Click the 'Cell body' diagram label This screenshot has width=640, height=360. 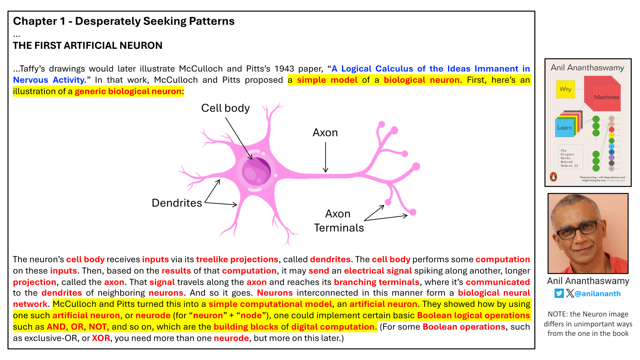tap(225, 108)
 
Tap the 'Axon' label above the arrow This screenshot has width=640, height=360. tap(325, 133)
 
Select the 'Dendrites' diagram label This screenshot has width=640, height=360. tap(177, 203)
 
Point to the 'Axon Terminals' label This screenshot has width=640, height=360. tap(339, 221)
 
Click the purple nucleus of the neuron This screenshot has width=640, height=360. tap(256, 171)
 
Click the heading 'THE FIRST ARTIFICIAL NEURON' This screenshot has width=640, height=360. tap(87, 46)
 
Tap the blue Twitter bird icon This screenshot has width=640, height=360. tap(559, 293)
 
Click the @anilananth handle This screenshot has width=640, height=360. tap(597, 294)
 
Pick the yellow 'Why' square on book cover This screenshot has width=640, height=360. tap(565, 89)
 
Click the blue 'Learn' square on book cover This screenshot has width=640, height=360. tap(564, 128)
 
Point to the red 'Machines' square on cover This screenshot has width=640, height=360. tap(606, 97)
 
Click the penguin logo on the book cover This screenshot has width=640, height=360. tap(553, 177)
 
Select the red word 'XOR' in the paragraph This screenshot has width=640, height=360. tap(101, 338)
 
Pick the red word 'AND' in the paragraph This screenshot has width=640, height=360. tap(56, 327)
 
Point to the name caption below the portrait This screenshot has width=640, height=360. tap(588, 281)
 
